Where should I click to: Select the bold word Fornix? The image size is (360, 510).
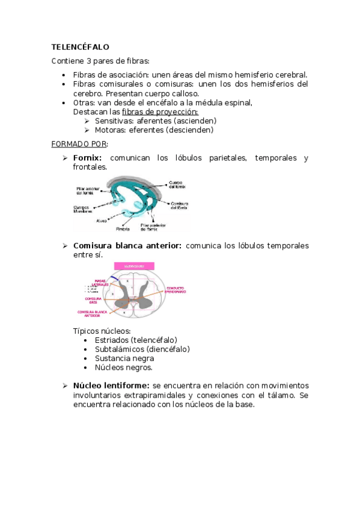pos(88,158)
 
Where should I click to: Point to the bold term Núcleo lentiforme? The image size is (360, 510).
pos(111,385)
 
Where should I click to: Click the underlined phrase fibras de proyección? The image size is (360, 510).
pos(160,112)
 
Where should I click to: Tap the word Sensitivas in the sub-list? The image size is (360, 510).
pos(111,121)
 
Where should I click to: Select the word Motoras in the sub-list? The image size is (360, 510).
pos(109,130)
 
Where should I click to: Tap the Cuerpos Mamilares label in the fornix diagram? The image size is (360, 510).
pos(84,209)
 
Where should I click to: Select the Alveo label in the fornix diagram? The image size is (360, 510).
pos(102,221)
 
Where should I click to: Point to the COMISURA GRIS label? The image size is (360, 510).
pos(93,300)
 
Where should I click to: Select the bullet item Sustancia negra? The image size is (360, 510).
pos(124,358)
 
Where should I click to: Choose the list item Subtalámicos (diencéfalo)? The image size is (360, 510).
pos(142,349)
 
